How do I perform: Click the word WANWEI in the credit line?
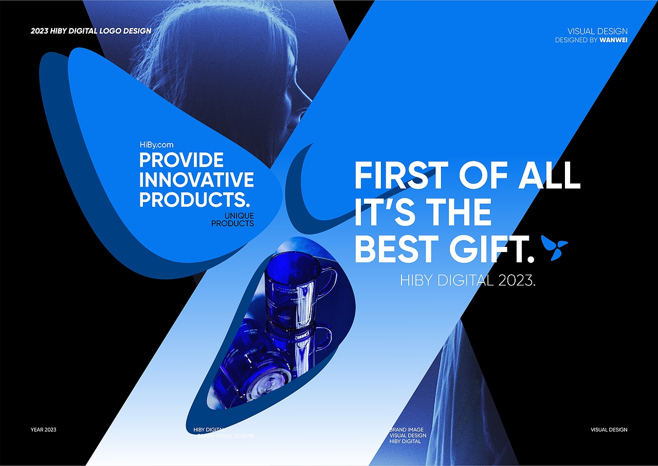613,40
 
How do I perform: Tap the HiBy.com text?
156,145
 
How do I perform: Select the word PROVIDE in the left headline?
181,160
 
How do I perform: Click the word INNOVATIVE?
196,180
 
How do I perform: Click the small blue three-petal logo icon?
555,247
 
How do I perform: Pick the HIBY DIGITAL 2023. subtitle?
468,280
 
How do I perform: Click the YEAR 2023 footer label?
44,429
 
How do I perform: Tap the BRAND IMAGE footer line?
407,429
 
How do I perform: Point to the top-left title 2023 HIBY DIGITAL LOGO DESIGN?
91,31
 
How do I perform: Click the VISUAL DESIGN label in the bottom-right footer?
609,429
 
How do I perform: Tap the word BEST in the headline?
398,249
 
